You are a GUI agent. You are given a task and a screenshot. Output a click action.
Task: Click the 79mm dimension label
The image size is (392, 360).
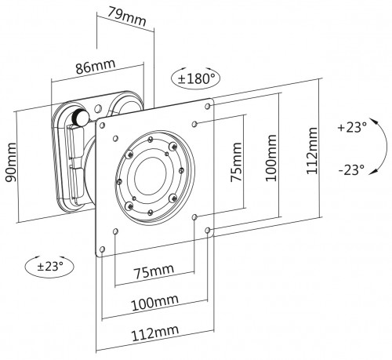coord(127,13)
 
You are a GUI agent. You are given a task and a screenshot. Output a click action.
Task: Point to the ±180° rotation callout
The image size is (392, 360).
coord(194,78)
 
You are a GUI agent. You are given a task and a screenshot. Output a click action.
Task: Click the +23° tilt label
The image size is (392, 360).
coord(352,128)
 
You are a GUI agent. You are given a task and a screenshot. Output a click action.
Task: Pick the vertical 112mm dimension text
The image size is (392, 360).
coord(313,150)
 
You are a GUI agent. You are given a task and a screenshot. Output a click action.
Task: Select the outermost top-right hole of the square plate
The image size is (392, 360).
coord(208,105)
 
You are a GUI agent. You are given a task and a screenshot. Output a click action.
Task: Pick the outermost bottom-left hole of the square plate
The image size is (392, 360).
coord(100,251)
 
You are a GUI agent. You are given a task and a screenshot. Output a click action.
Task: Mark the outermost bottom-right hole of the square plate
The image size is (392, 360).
coord(207,231)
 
